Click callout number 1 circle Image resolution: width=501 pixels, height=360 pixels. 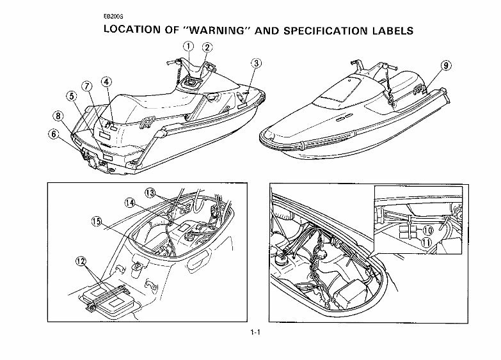(188, 46)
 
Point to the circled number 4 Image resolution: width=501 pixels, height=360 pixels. (106, 81)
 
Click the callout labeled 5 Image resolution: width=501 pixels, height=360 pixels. (72, 96)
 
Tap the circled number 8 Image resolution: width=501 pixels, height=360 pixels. (58, 116)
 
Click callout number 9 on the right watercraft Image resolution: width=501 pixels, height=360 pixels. (445, 65)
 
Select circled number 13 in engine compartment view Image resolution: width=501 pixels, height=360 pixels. (150, 192)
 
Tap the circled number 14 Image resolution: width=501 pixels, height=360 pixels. (129, 203)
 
